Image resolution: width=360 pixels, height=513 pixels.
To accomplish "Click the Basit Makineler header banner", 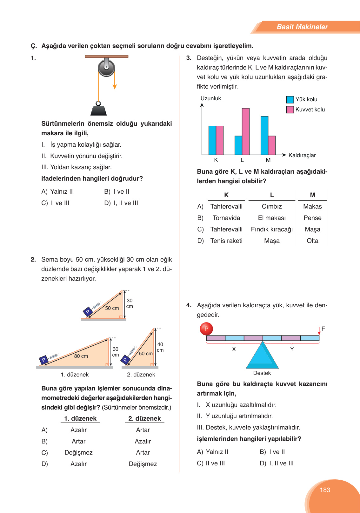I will (x=302, y=27).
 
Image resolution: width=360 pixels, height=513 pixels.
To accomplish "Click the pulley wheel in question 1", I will (x=106, y=67).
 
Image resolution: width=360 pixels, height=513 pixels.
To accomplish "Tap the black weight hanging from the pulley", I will (x=99, y=110).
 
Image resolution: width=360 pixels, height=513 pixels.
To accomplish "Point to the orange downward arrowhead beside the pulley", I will (x=115, y=87).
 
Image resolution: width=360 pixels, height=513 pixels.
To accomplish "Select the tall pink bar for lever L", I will (x=246, y=131).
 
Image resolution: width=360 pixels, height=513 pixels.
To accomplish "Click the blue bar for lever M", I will (x=264, y=135).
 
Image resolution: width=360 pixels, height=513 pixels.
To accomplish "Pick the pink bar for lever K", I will (x=220, y=140).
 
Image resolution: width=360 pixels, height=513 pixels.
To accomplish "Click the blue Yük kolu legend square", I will (x=290, y=99).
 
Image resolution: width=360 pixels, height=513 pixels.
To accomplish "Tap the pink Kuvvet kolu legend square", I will (x=290, y=110).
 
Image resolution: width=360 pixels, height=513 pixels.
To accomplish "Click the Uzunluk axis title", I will (x=210, y=98).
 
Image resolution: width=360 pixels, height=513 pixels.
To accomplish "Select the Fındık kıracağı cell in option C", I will (x=272, y=229).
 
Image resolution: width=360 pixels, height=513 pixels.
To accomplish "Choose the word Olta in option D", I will (x=312, y=241).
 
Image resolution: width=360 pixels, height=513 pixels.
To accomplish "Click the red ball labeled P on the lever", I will (x=206, y=329).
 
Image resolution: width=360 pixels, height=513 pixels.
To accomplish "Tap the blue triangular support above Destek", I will (x=263, y=356).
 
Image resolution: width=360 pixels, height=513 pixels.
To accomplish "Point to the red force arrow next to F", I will (x=319, y=331).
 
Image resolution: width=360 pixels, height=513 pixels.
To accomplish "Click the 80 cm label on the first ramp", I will (x=81, y=356).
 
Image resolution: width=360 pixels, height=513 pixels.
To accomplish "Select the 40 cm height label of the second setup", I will (x=160, y=347).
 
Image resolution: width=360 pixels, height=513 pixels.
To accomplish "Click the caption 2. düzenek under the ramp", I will (x=141, y=375).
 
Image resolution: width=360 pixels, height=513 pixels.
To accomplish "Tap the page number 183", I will (x=325, y=490).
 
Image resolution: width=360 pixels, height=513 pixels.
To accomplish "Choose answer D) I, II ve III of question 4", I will (x=277, y=463).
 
